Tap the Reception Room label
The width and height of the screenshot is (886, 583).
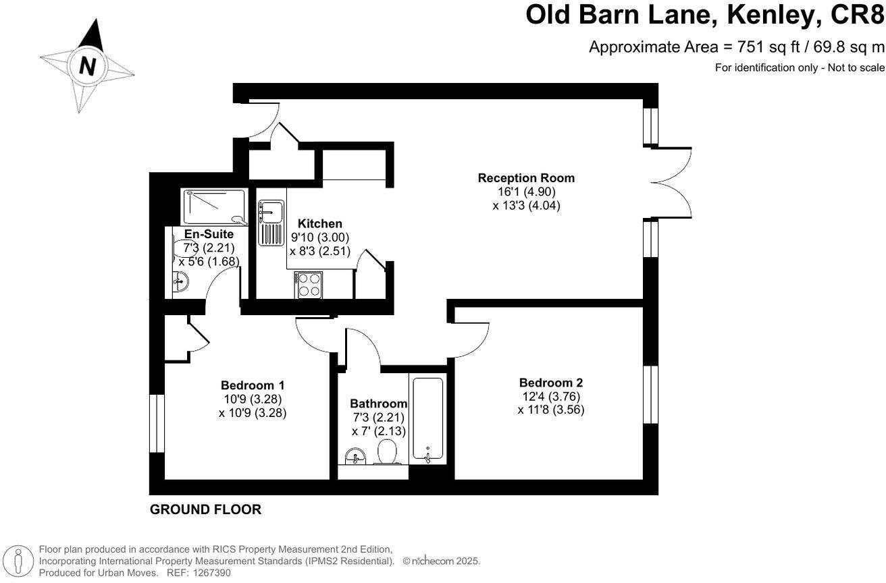click(526, 178)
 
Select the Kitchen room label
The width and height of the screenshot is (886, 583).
click(320, 224)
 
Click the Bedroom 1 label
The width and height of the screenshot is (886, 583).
click(253, 385)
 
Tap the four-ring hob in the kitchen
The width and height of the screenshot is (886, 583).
click(307, 285)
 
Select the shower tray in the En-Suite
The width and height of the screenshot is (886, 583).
click(214, 206)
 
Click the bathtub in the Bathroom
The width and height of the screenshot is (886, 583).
click(427, 420)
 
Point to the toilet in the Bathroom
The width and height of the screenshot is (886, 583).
click(387, 452)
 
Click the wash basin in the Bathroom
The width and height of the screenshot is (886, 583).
click(355, 457)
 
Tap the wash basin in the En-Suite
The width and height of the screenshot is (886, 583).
click(179, 281)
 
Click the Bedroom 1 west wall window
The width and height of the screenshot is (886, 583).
click(157, 424)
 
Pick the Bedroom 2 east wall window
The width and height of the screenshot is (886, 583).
click(650, 394)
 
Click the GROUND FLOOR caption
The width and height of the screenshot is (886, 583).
click(205, 509)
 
